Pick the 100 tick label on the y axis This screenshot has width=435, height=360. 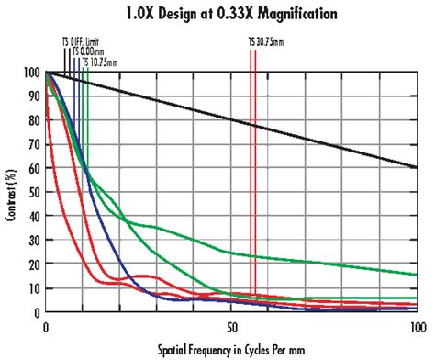[31, 73]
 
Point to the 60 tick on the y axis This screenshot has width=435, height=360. [34, 168]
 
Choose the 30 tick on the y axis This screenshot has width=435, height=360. [34, 241]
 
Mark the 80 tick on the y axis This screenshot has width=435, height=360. [34, 120]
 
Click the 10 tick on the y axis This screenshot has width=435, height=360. [34, 288]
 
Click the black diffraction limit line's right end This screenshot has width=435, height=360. [414, 168]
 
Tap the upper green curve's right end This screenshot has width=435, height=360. [414, 275]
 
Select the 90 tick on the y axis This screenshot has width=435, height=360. [34, 96]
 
